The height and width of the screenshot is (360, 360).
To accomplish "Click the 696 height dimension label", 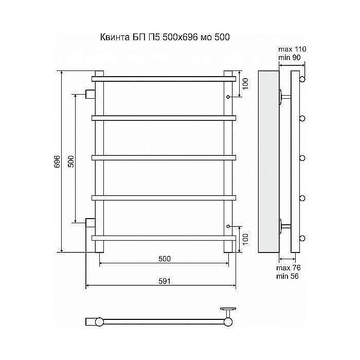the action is [57, 161].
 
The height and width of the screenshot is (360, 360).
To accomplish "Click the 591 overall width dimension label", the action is [165, 281].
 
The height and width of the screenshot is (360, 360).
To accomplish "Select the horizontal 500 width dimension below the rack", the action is [165, 259].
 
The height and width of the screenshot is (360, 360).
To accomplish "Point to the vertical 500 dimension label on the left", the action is [71, 161].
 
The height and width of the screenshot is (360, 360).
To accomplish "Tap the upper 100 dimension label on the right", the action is [245, 84].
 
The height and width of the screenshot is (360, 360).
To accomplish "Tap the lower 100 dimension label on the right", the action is [245, 240].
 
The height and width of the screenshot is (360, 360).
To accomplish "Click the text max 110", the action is [292, 49].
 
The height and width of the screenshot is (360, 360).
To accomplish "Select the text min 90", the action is [289, 58].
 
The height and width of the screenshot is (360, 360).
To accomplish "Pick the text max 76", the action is [289, 268].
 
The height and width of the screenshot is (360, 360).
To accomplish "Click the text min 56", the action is [287, 276].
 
